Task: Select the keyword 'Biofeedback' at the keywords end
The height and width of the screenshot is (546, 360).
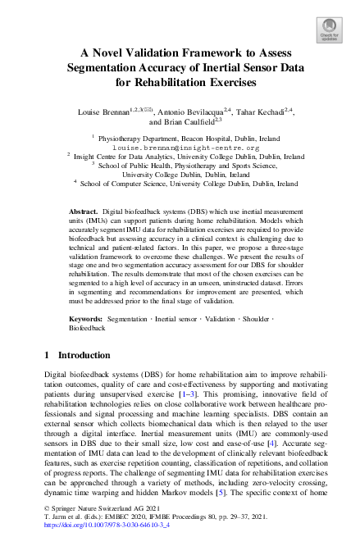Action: click(x=88, y=326)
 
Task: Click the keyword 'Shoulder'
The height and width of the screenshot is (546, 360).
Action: click(x=260, y=316)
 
